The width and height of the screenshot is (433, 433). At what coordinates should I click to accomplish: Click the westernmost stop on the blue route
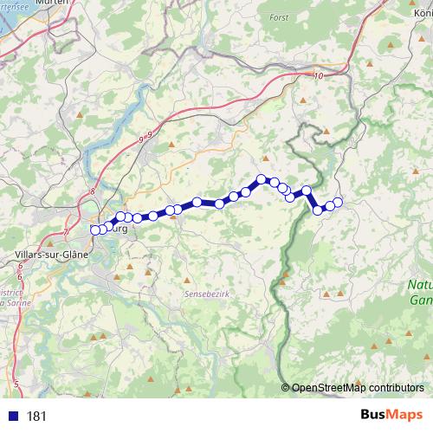pos(95,229)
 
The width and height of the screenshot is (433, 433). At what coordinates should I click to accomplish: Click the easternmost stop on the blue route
pos(338,203)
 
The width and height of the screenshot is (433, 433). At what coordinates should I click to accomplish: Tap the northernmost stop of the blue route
pos(261,179)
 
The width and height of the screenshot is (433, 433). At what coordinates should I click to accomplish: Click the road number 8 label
pos(91,195)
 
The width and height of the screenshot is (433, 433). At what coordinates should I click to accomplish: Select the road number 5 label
pos(16,382)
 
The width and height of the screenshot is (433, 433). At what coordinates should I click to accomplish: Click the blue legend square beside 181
pos(13,416)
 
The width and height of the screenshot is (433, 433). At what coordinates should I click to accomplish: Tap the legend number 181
pos(36,416)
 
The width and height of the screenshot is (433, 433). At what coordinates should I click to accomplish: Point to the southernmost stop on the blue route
pos(318,209)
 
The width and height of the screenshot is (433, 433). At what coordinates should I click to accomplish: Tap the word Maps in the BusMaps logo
pos(404,415)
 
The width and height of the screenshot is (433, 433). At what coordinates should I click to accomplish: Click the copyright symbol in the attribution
pos(287,387)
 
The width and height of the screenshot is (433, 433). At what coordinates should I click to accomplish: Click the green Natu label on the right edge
pos(421,285)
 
